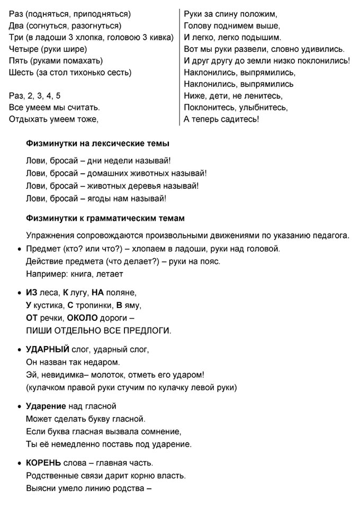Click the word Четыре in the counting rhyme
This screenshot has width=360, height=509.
click(x=23, y=49)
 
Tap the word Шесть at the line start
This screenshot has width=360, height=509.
click(x=21, y=72)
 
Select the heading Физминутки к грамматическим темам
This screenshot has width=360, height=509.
click(x=105, y=218)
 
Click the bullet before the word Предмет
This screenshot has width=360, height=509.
click(x=20, y=249)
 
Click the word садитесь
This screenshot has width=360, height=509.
click(x=240, y=119)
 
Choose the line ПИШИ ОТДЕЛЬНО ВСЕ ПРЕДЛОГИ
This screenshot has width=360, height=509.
click(x=98, y=331)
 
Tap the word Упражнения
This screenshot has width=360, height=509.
click(x=50, y=234)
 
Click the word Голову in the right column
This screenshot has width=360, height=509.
click(x=198, y=26)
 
